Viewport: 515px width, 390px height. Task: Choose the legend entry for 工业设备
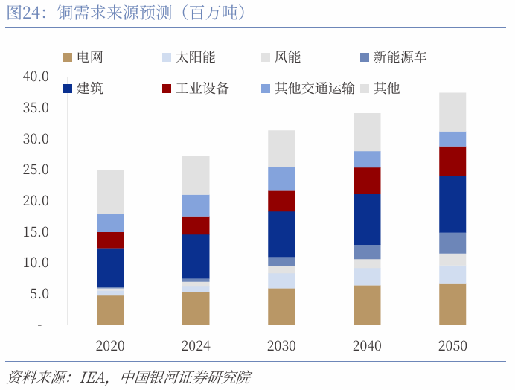(202, 89)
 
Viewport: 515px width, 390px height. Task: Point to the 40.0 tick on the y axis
(36, 77)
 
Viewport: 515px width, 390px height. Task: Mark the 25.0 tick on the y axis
(36, 170)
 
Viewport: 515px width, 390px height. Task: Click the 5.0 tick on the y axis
(39, 294)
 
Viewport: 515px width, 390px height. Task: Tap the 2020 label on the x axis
(110, 346)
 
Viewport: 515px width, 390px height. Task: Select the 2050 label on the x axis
(452, 346)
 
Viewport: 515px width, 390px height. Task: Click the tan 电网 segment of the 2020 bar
(110, 310)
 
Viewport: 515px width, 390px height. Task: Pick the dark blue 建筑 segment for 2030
(281, 234)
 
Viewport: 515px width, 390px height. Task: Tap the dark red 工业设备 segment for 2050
(452, 161)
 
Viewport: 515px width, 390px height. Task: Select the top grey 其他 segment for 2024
(196, 175)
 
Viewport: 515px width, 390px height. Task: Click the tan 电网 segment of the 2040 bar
(367, 304)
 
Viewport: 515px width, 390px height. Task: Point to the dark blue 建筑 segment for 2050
(452, 204)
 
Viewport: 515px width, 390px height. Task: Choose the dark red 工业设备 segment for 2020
(110, 240)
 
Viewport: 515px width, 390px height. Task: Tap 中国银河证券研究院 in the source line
(185, 377)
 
